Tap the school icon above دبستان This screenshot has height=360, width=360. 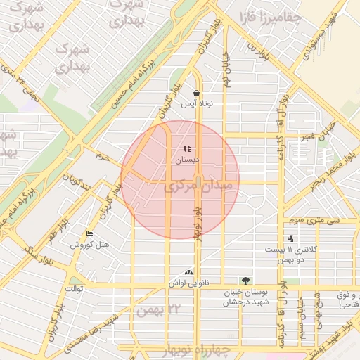(x=187, y=148)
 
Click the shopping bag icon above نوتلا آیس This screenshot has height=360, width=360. (x=195, y=92)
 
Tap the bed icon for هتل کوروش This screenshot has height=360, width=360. (x=89, y=233)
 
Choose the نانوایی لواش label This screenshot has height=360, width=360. (x=188, y=282)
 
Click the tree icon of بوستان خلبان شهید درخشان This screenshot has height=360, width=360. (x=245, y=280)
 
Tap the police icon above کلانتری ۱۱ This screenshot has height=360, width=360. (x=290, y=239)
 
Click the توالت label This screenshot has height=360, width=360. (x=75, y=288)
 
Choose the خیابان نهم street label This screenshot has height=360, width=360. (x=227, y=70)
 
